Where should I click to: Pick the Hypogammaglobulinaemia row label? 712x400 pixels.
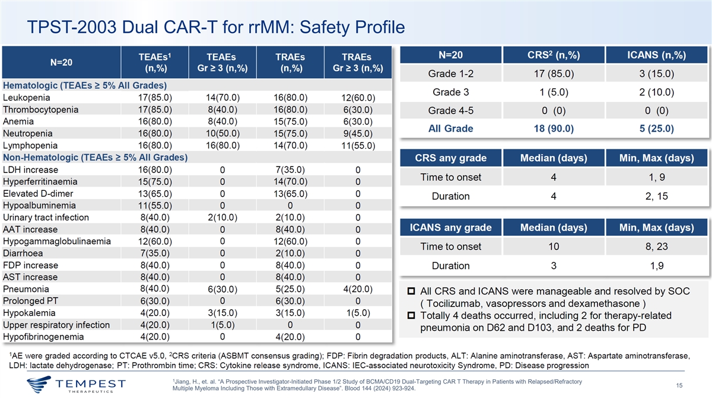point(57,241)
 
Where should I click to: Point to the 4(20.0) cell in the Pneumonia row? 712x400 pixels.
point(357,289)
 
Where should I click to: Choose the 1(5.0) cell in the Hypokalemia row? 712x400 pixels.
point(357,313)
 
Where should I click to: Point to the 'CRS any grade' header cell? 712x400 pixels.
point(450,158)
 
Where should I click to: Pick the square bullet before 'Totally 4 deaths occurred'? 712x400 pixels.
point(411,315)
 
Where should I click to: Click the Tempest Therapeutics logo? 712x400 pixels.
point(77,386)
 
